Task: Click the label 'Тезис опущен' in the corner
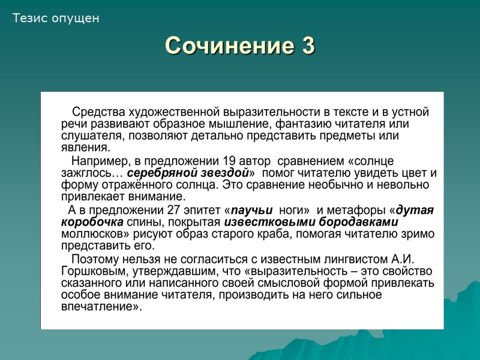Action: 56,19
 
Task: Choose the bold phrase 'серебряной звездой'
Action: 188,173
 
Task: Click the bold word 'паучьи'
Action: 253,210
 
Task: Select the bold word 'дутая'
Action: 415,210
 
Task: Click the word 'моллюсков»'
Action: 91,234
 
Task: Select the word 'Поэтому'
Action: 95,259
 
